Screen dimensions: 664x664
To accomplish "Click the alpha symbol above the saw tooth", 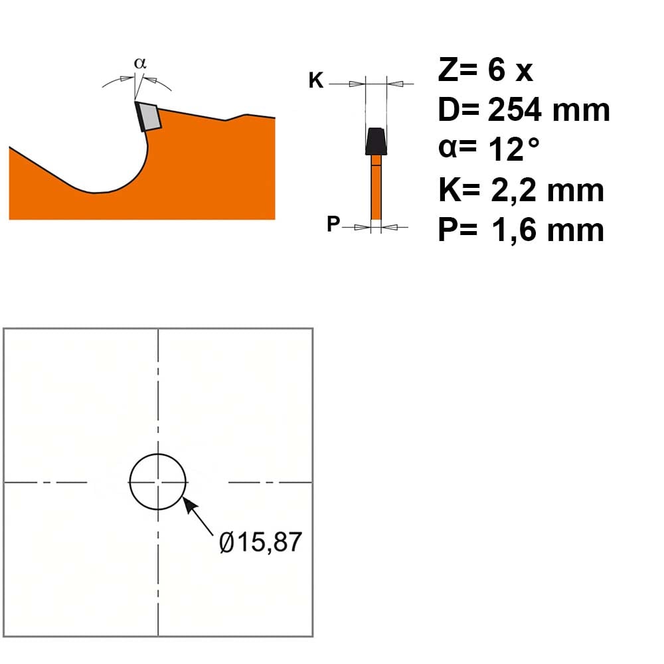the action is [140, 63].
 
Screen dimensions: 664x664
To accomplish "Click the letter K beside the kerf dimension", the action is [316, 80].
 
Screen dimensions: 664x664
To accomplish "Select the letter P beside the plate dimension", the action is [333, 223].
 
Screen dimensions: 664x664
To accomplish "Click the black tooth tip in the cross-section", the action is [376, 141].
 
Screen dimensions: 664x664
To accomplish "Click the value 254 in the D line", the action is [515, 110].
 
